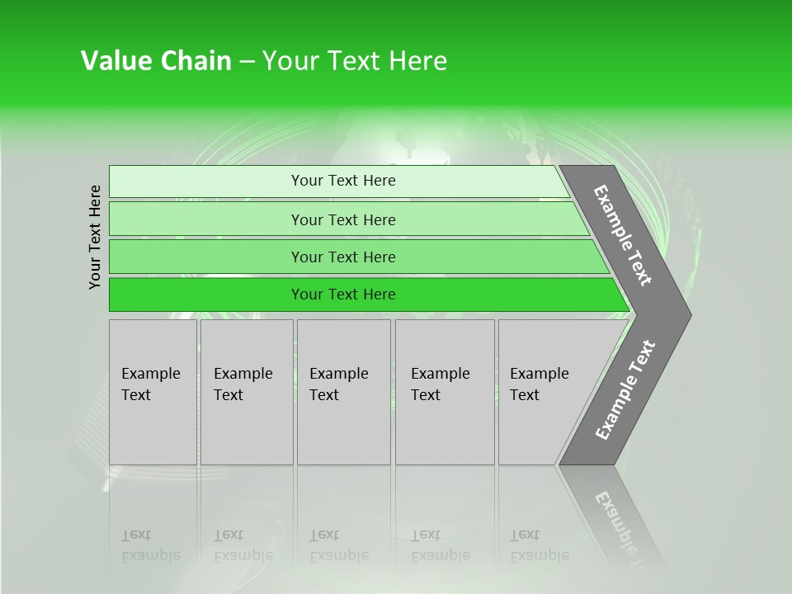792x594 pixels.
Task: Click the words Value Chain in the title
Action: (x=156, y=61)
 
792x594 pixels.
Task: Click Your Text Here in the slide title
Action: (x=355, y=61)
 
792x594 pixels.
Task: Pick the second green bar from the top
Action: (x=343, y=219)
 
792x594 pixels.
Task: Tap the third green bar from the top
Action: (x=343, y=257)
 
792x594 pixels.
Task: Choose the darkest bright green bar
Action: (x=343, y=295)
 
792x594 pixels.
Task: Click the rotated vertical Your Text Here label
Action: (x=95, y=237)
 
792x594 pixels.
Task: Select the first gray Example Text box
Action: (x=153, y=392)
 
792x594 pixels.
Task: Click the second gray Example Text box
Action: (x=246, y=392)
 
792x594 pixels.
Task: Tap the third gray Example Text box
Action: (x=343, y=392)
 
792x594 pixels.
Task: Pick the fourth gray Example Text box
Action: (x=444, y=392)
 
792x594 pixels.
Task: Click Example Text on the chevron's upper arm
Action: (x=623, y=235)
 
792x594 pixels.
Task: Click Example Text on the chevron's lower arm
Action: (x=625, y=389)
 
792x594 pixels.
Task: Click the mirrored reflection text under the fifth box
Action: (x=540, y=545)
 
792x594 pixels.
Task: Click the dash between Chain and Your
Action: (x=247, y=62)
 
